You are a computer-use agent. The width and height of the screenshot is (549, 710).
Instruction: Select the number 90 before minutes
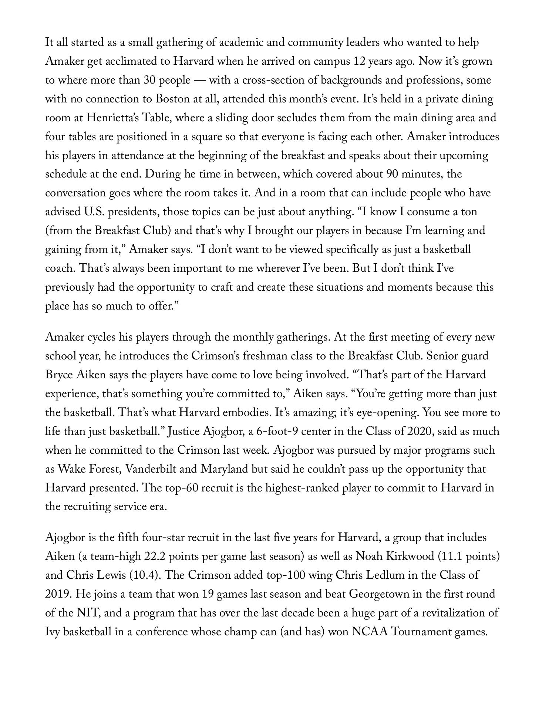click(x=393, y=174)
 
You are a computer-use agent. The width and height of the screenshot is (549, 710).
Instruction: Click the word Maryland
click(x=225, y=469)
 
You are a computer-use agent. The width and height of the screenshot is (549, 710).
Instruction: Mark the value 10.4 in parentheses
click(x=145, y=575)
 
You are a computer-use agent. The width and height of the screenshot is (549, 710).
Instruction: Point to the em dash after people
click(x=200, y=80)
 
